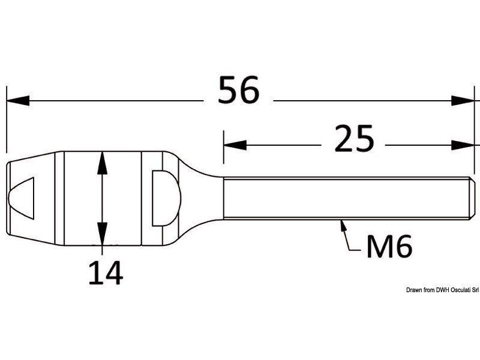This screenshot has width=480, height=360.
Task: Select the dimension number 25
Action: (x=354, y=139)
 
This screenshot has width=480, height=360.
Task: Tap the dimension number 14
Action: (x=106, y=272)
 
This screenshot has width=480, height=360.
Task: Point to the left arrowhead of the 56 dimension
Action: (x=18, y=100)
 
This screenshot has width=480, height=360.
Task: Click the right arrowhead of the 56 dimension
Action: (x=463, y=100)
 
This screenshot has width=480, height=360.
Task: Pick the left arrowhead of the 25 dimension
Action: (x=235, y=145)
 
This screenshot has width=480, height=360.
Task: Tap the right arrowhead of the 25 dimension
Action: (x=463, y=145)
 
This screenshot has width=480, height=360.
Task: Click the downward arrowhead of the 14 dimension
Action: (x=102, y=234)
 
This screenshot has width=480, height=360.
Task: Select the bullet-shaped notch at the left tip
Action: (x=21, y=198)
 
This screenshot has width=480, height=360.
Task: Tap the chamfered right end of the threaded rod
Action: (x=472, y=199)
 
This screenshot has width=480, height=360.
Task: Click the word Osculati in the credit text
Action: (x=459, y=290)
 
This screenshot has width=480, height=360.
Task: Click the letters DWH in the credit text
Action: (x=442, y=290)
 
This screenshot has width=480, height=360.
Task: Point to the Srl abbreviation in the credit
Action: (x=474, y=290)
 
